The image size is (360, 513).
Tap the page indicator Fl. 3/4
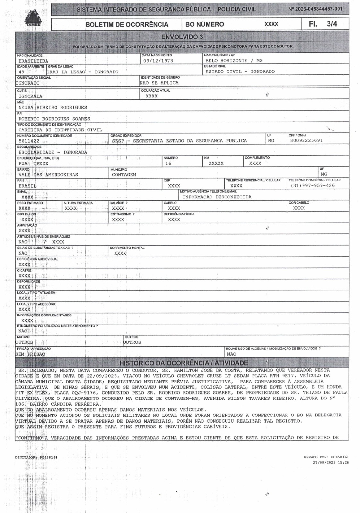(x=323, y=24)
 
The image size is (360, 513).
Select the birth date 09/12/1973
(x=158, y=61)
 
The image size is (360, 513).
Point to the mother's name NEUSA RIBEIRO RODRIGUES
(x=53, y=108)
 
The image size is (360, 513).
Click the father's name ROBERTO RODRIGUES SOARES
(x=54, y=119)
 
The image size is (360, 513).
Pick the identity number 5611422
(x=29, y=141)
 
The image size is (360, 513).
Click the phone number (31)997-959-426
(x=313, y=186)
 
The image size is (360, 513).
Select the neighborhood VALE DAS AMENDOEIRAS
(x=48, y=175)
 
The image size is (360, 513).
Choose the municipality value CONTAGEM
(x=124, y=175)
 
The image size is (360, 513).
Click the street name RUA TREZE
(x=33, y=164)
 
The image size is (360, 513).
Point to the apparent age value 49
(x=21, y=72)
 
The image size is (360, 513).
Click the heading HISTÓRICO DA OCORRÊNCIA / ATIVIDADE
(x=184, y=363)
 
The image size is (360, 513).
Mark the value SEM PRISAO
(x=30, y=354)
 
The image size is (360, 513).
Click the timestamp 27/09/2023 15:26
(x=331, y=462)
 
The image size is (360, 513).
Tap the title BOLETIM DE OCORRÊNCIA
(x=127, y=24)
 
